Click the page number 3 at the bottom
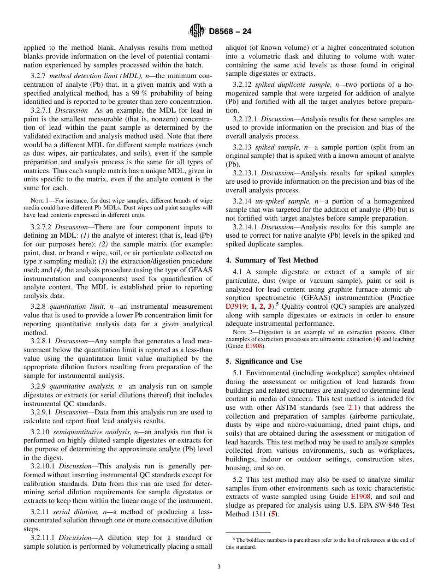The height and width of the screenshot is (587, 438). (x=219, y=567)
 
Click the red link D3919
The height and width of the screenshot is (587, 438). (x=236, y=306)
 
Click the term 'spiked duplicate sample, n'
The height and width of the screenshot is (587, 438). (x=289, y=85)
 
